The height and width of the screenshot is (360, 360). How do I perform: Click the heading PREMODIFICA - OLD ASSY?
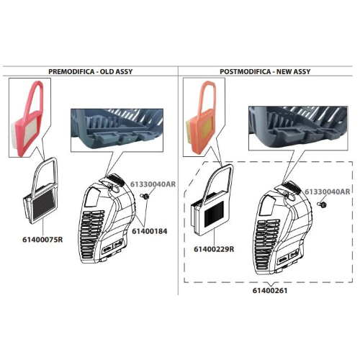click(x=91, y=71)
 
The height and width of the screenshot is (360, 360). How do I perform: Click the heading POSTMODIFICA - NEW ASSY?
click(x=265, y=71)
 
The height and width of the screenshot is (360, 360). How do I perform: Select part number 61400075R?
click(x=42, y=240)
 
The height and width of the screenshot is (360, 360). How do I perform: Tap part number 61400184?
click(x=150, y=231)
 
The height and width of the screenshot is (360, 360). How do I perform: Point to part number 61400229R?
click(x=214, y=249)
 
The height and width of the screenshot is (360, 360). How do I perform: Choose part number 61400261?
click(x=270, y=290)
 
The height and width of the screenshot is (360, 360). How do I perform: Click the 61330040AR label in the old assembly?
click(x=153, y=184)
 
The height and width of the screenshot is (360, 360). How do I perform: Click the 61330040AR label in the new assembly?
click(x=328, y=192)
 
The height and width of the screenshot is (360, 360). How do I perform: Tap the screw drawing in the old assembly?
click(x=145, y=197)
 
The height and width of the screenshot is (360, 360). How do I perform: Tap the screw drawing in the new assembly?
click(x=322, y=204)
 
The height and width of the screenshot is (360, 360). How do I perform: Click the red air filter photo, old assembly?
click(x=30, y=117)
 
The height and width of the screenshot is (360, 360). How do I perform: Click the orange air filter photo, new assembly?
click(x=203, y=117)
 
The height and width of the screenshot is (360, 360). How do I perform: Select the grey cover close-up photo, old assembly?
click(x=117, y=130)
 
